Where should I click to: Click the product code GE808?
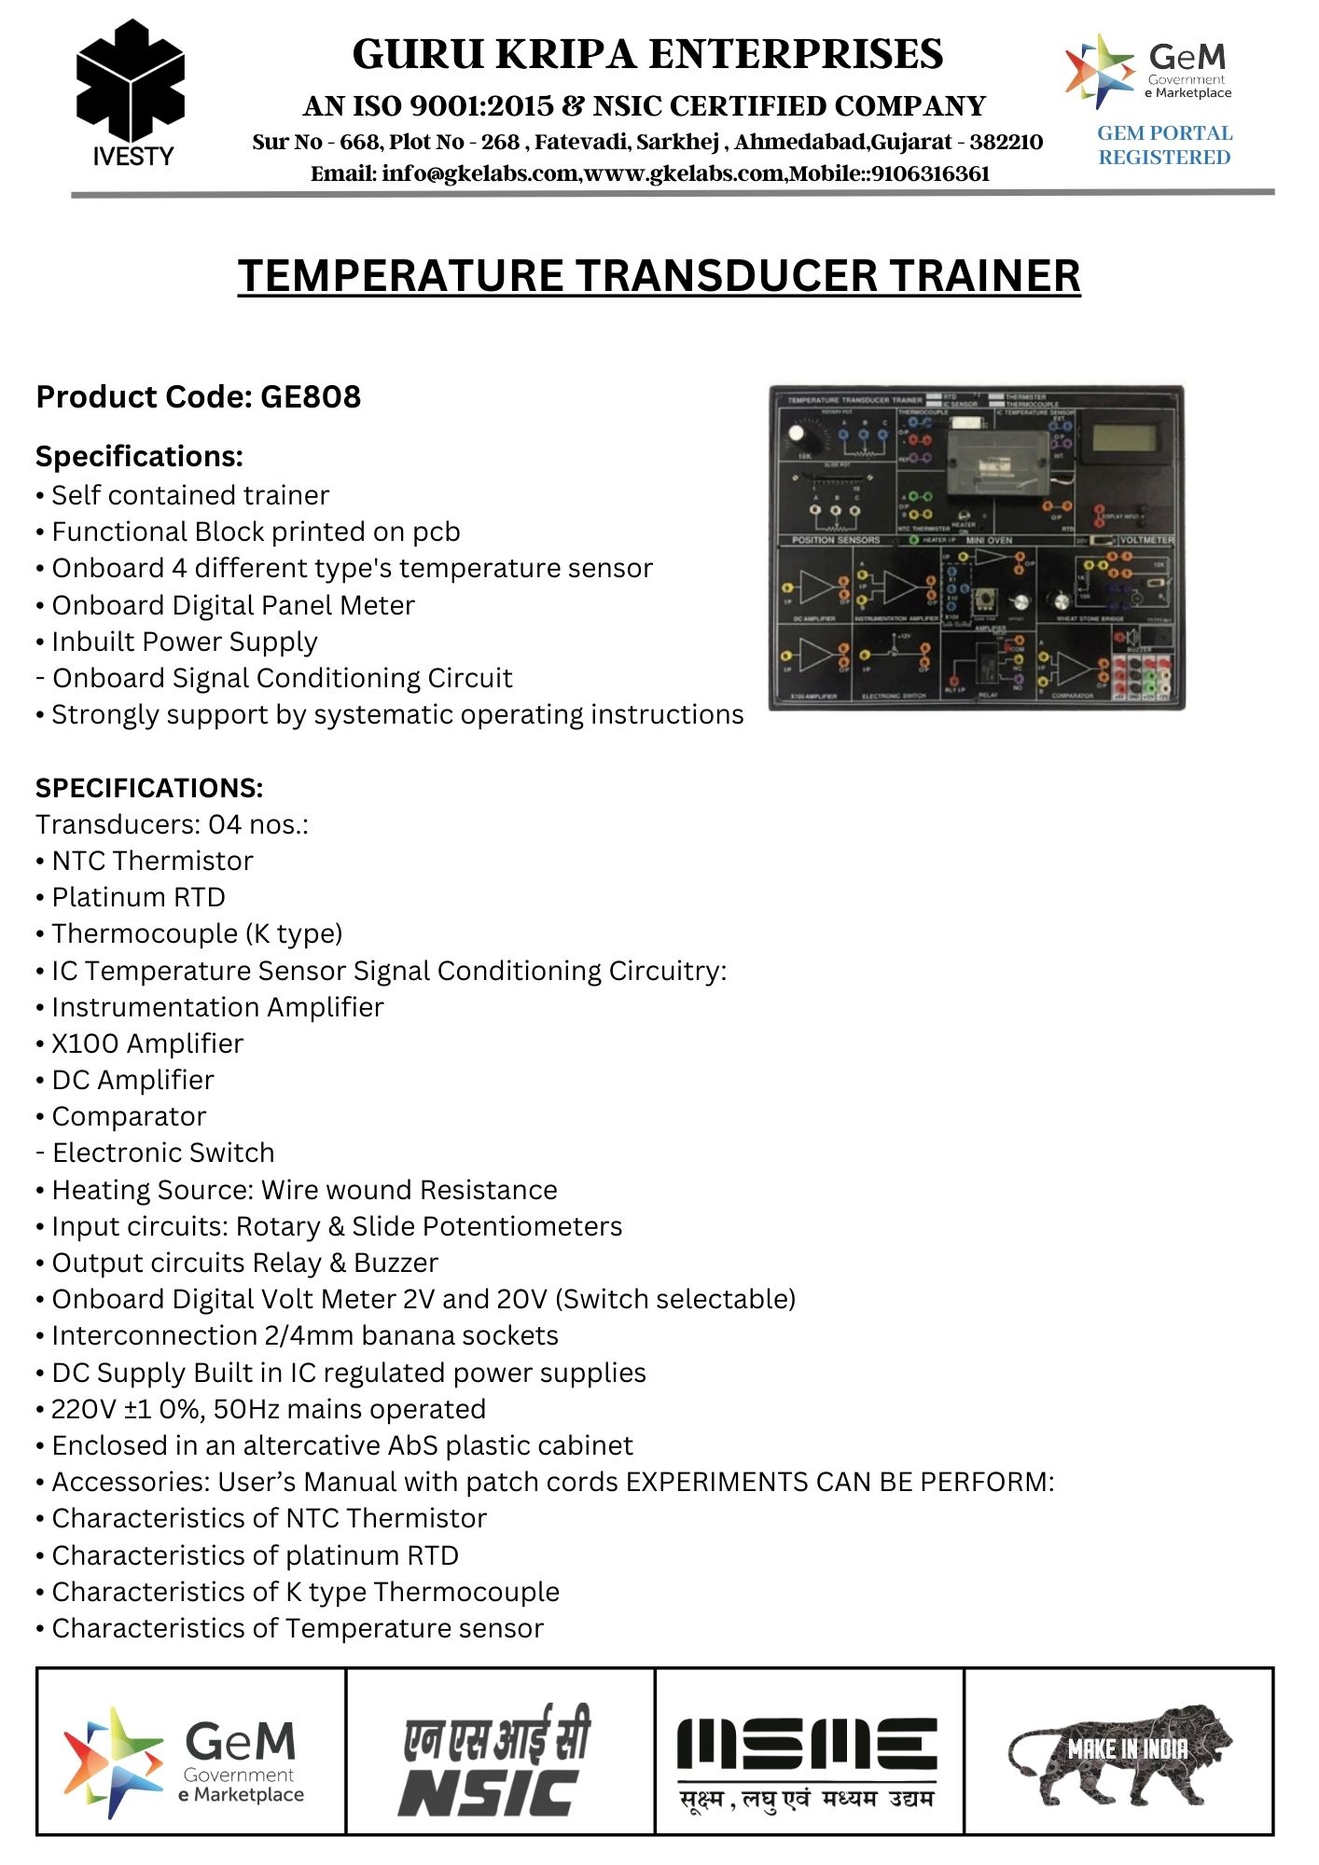point(311,397)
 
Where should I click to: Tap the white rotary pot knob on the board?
point(798,434)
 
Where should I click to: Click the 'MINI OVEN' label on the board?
point(989,540)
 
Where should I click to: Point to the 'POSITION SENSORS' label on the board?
point(836,540)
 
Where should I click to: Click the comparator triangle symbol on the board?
point(1072,668)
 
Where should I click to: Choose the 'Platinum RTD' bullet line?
point(138,897)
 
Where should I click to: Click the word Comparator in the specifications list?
point(129,1116)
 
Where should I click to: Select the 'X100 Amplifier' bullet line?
point(147,1043)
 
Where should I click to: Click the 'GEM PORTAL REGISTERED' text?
point(1164,145)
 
